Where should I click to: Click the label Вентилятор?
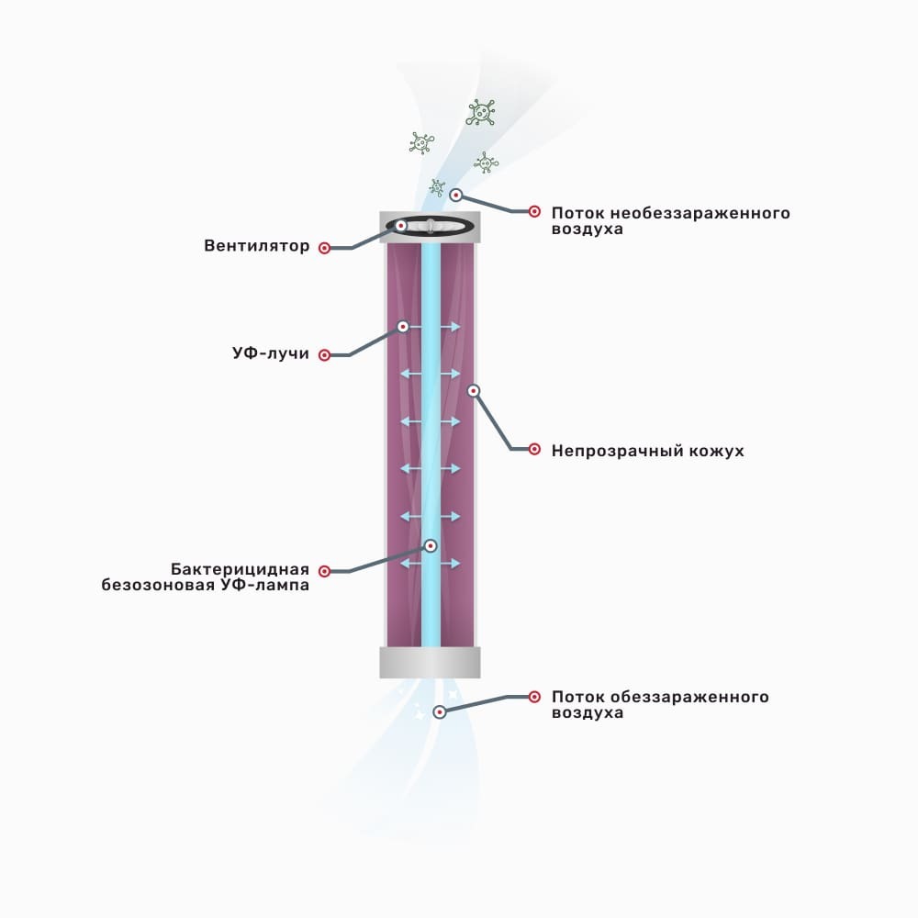tap(256, 245)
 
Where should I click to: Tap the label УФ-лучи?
tap(271, 353)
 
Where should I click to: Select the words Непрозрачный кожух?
tap(647, 451)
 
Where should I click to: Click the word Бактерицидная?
tap(240, 569)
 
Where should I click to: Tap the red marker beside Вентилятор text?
tap(324, 248)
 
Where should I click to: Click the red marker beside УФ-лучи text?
tap(324, 354)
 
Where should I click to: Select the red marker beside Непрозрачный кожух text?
tap(534, 449)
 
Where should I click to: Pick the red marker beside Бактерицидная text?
tap(324, 571)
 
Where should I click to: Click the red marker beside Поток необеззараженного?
tap(534, 211)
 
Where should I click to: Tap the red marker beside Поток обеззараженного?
tap(534, 697)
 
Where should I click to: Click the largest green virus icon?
tap(481, 113)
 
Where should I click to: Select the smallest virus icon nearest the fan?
tap(437, 187)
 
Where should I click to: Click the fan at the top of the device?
tap(431, 226)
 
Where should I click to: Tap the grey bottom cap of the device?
tap(431, 663)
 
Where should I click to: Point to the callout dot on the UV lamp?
tap(431, 546)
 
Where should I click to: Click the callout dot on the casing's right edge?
tap(474, 390)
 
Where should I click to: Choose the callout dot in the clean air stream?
tap(440, 712)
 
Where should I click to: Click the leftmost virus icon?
tap(421, 143)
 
